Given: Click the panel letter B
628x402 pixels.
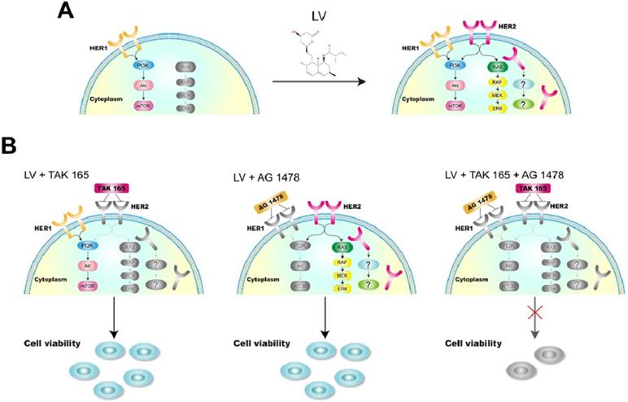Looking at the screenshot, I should (11, 146).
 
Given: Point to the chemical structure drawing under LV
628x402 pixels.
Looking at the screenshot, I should (319, 57).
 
